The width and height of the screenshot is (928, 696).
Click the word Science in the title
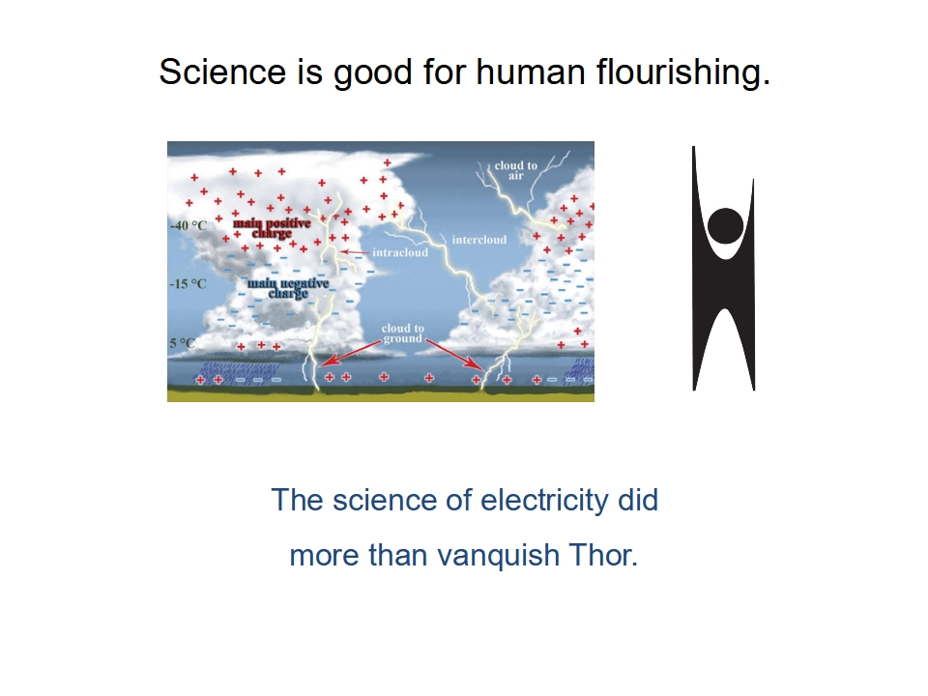pos(222,72)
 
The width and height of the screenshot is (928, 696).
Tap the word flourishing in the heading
pos(683,73)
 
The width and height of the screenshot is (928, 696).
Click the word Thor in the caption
pos(602,555)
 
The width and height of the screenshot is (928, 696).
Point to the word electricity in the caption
pos(544,500)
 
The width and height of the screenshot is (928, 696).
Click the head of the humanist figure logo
pos(725,225)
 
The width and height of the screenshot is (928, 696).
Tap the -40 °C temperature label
pos(188,225)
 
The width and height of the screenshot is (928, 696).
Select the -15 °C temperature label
pos(188,284)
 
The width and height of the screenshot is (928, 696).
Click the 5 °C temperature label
pos(182,343)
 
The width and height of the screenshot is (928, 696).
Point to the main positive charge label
pos(272,228)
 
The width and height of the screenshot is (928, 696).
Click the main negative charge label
pos(288,288)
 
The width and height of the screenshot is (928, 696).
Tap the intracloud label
pos(400,252)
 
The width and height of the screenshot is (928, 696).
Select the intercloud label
pos(479,240)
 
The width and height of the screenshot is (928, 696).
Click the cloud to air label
pos(516,170)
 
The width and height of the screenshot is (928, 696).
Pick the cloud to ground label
pos(403,333)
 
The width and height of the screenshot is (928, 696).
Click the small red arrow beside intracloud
pos(355,252)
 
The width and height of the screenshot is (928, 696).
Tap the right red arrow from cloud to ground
pos(455,355)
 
